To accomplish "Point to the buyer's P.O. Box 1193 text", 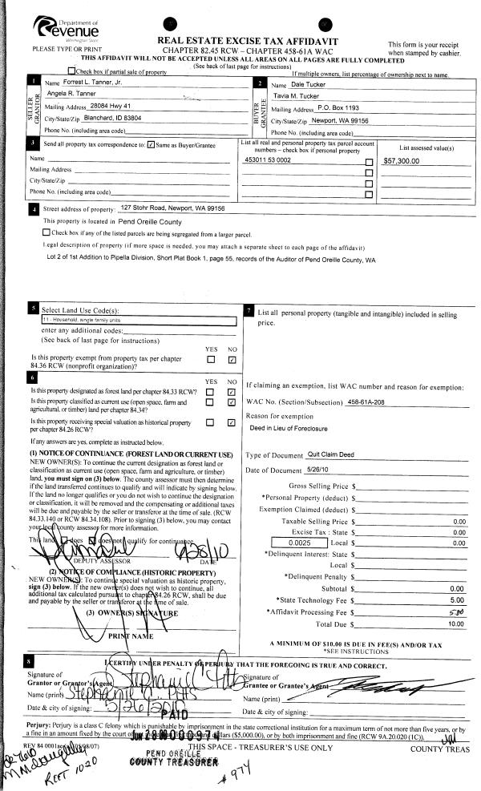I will click(x=345, y=107).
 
